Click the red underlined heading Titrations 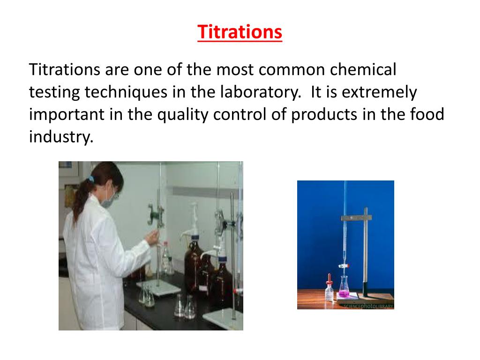[x=240, y=32]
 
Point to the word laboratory [x=260, y=92]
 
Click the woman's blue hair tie [x=90, y=179]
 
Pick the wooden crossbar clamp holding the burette [x=355, y=217]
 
